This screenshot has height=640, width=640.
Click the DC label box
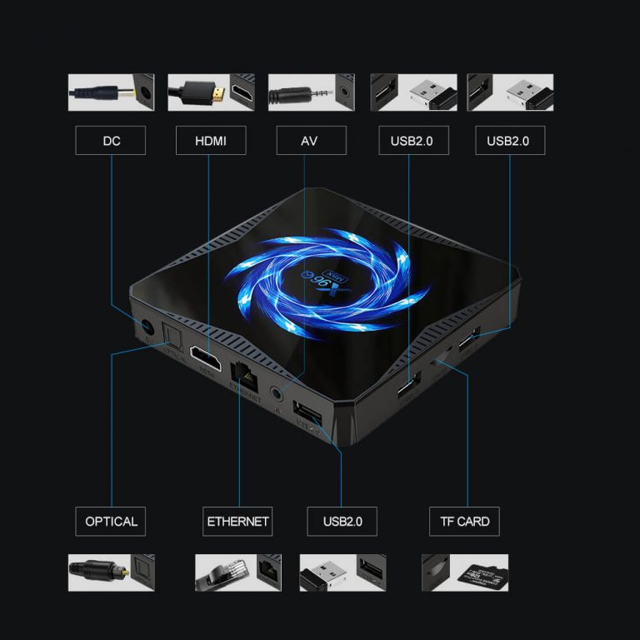coord(111,141)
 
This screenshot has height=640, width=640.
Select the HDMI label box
coord(211,141)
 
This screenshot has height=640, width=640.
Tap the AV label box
coord(310,141)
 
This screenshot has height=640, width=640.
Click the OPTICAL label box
coord(111,522)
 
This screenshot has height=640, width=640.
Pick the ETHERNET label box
coord(237,522)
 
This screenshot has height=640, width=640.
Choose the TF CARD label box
coord(464,522)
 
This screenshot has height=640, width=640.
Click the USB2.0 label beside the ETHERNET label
coord(342,522)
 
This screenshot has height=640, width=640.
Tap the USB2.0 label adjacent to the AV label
coord(412,141)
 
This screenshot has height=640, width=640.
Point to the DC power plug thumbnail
coord(111,92)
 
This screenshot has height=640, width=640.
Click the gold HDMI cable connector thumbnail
coord(211,92)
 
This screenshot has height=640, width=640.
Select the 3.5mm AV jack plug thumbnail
coord(310,92)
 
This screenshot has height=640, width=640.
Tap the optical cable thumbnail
coord(111,573)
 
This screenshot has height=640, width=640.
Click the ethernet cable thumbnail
coord(237,573)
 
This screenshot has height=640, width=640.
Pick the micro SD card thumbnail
coord(464,573)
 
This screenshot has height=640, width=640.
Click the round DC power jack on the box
coord(148,326)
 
